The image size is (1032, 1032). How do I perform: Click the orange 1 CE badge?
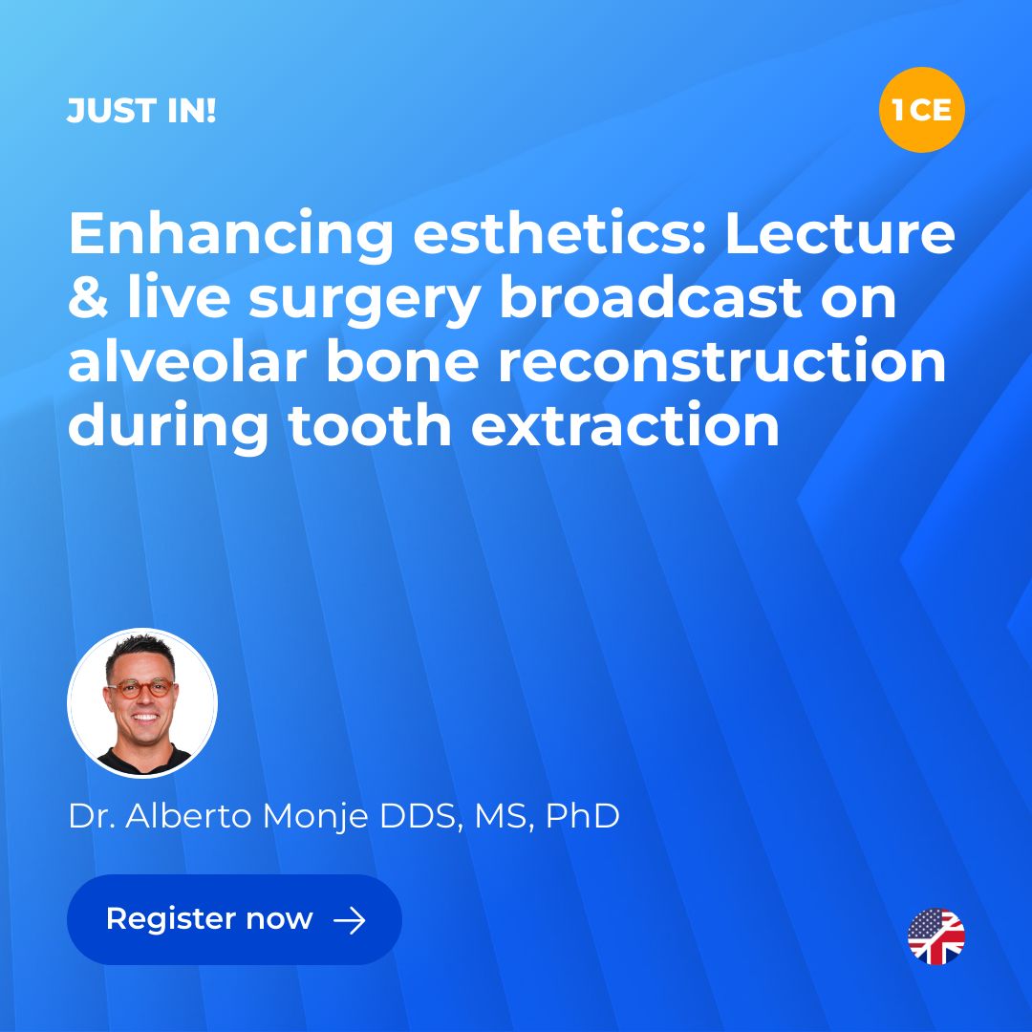click(921, 109)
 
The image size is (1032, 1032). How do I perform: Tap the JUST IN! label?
click(141, 111)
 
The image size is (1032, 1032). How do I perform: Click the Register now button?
click(234, 919)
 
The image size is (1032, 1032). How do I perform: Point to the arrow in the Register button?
click(350, 920)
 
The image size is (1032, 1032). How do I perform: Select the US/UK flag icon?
click(935, 935)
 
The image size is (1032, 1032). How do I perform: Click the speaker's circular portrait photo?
click(142, 703)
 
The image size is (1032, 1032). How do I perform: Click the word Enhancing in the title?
click(231, 236)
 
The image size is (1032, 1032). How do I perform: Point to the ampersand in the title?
click(88, 298)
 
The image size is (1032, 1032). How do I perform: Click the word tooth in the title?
click(369, 425)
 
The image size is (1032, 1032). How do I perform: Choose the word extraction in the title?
click(625, 426)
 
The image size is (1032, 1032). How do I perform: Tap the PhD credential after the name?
click(583, 816)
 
